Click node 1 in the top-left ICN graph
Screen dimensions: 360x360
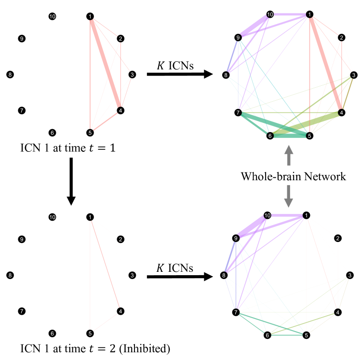click(x=90, y=16)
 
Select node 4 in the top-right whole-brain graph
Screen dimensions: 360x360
click(x=341, y=113)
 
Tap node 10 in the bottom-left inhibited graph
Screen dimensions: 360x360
click(x=53, y=217)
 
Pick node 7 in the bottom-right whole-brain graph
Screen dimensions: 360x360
click(x=236, y=312)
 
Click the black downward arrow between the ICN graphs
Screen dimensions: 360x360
click(x=71, y=181)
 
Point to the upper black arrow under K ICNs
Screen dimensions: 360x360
click(x=180, y=74)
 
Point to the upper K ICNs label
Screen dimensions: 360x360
click(x=175, y=65)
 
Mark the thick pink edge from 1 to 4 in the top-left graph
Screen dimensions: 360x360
click(x=105, y=63)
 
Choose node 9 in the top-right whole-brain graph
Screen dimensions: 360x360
click(x=238, y=37)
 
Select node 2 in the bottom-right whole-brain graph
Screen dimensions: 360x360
click(x=338, y=238)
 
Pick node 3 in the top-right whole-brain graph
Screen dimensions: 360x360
click(x=354, y=75)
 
